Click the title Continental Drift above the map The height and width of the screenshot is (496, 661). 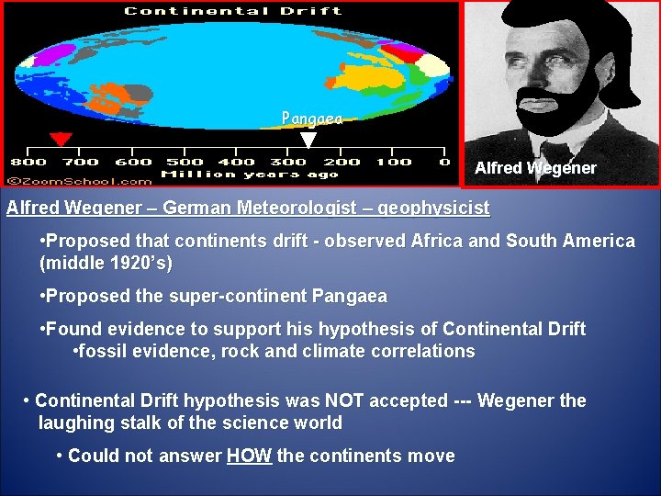coord(232,11)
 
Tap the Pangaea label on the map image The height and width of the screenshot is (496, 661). coord(311,118)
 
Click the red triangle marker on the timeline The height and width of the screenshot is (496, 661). coord(61,140)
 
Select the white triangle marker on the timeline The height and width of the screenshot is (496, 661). coord(309,141)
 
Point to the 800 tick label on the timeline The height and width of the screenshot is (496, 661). coord(28,163)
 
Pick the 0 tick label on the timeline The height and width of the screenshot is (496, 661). coord(444,163)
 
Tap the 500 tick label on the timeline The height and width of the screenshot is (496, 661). coord(185,163)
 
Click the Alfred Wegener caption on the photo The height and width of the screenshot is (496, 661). coord(535,168)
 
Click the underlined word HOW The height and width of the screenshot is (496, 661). coord(249,456)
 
